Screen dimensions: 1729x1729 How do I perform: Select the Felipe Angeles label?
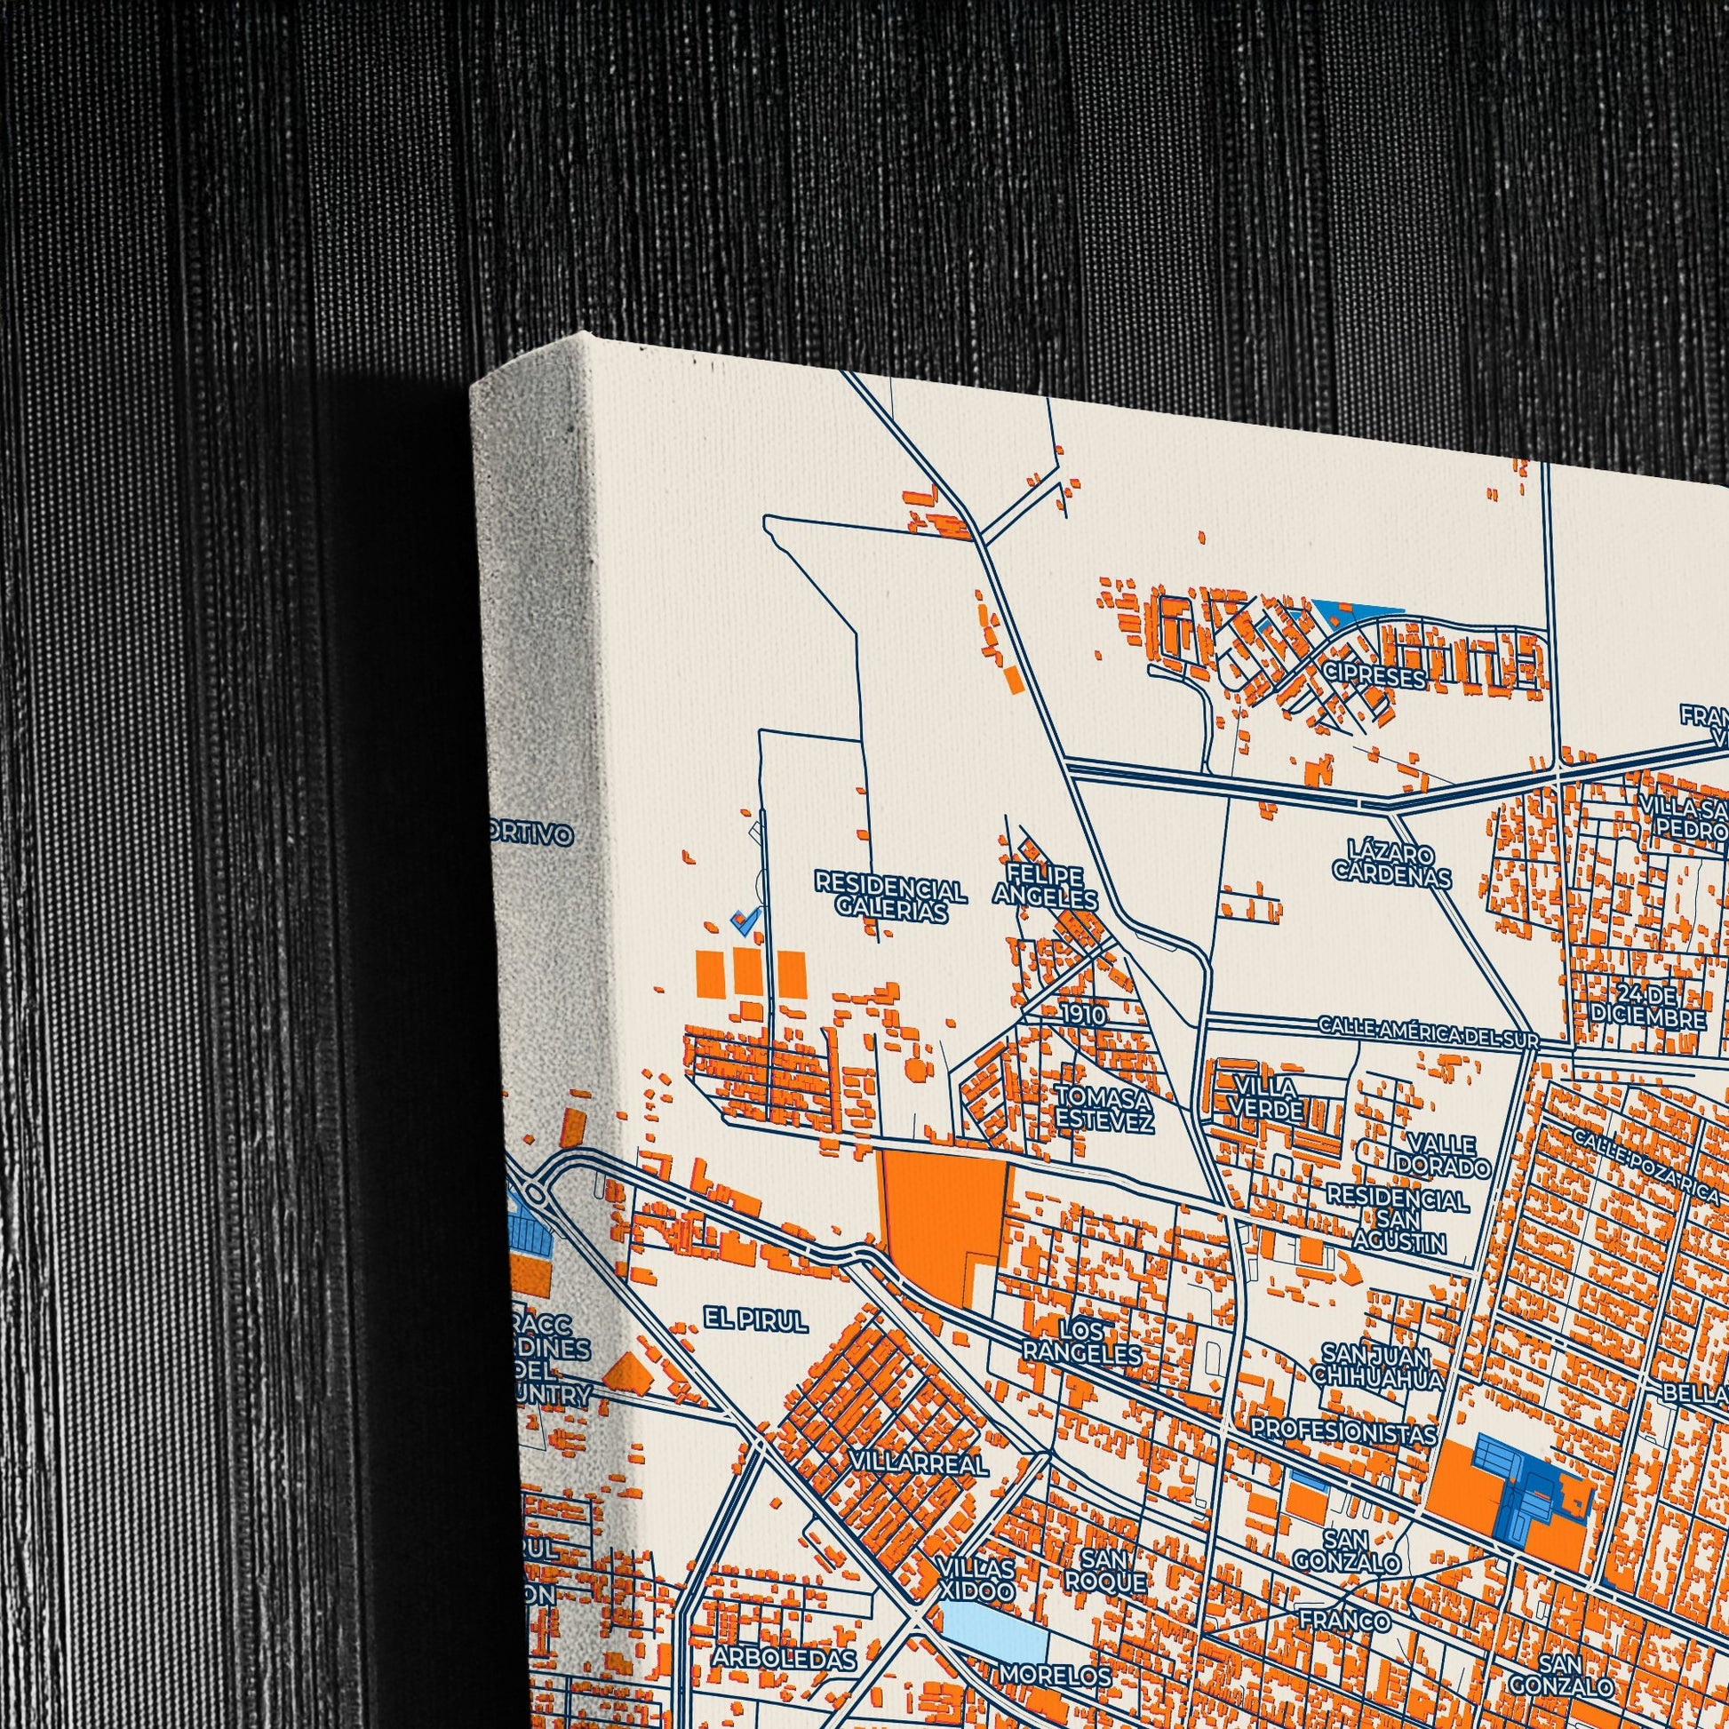point(1044,886)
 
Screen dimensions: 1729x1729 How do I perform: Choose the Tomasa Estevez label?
point(1104,1107)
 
